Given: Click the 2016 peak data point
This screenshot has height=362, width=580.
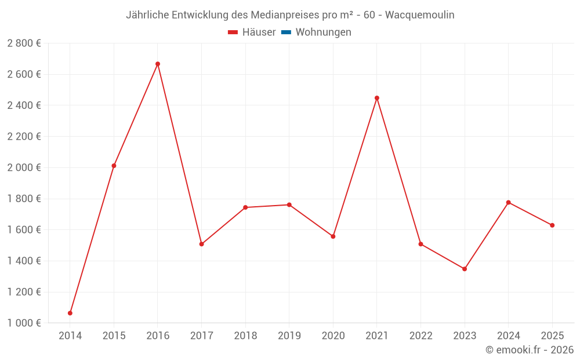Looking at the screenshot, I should pyautogui.click(x=158, y=64).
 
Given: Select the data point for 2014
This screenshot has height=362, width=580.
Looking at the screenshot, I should pyautogui.click(x=70, y=313).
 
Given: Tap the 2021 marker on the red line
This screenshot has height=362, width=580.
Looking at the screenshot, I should pyautogui.click(x=377, y=98).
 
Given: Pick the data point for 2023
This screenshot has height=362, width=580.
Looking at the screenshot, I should pyautogui.click(x=465, y=269).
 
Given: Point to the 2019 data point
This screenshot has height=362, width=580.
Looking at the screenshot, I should pyautogui.click(x=289, y=205).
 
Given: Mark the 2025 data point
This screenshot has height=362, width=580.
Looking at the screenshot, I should pyautogui.click(x=552, y=225).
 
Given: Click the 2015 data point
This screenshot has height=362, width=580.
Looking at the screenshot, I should pyautogui.click(x=114, y=166).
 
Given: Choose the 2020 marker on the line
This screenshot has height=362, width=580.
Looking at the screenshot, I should pyautogui.click(x=333, y=236).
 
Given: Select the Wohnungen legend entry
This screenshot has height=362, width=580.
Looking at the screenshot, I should pyautogui.click(x=323, y=32).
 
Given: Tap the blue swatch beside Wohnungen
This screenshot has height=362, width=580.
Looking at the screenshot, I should pyautogui.click(x=286, y=32).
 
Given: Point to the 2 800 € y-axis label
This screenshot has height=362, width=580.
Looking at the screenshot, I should pyautogui.click(x=24, y=43).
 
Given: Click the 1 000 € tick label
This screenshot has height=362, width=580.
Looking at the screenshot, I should pyautogui.click(x=24, y=323).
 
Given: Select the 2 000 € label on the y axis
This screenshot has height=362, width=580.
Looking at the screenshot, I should pyautogui.click(x=24, y=168).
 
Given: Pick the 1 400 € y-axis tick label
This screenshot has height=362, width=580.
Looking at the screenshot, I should pyautogui.click(x=24, y=261).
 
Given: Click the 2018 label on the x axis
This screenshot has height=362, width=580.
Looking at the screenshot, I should pyautogui.click(x=245, y=336).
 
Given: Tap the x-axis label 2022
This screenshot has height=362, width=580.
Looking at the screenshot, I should pyautogui.click(x=420, y=336).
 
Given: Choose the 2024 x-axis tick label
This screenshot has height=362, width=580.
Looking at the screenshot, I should pyautogui.click(x=508, y=336).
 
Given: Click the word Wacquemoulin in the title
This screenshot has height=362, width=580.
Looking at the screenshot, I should pyautogui.click(x=420, y=15).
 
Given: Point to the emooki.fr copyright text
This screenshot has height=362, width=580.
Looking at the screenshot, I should pyautogui.click(x=530, y=350).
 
